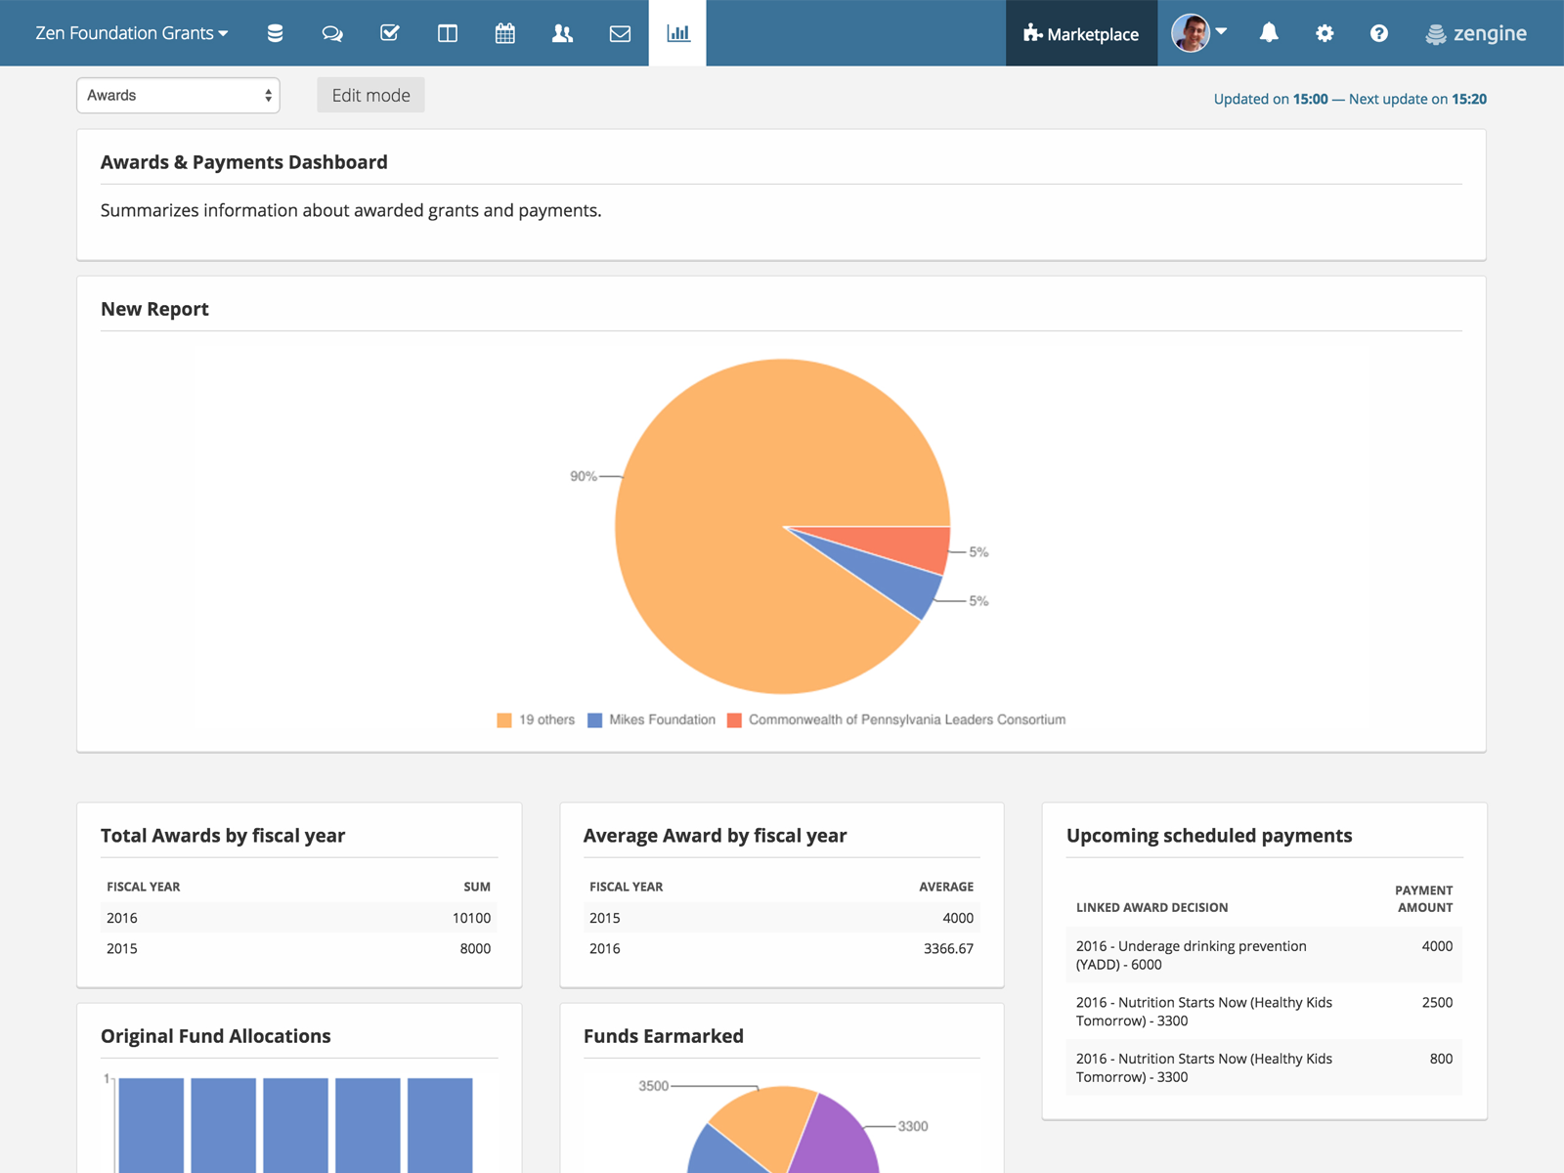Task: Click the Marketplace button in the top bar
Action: [x=1081, y=34]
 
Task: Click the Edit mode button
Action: [x=370, y=96]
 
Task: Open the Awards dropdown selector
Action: [x=178, y=96]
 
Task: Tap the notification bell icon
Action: [x=1269, y=33]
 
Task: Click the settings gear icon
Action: [x=1325, y=33]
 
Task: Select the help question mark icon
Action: [x=1378, y=33]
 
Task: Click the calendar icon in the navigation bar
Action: [x=504, y=33]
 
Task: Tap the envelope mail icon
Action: [x=620, y=33]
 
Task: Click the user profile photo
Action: [x=1190, y=33]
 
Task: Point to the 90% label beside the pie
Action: [x=584, y=476]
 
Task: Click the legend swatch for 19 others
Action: [x=504, y=720]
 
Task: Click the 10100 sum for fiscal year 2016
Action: [x=471, y=918]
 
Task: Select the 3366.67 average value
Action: [x=948, y=948]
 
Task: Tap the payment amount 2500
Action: [x=1437, y=1003]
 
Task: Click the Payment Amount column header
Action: [x=1424, y=898]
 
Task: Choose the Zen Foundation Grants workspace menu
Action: [x=132, y=33]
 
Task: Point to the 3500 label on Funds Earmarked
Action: [x=653, y=1086]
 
